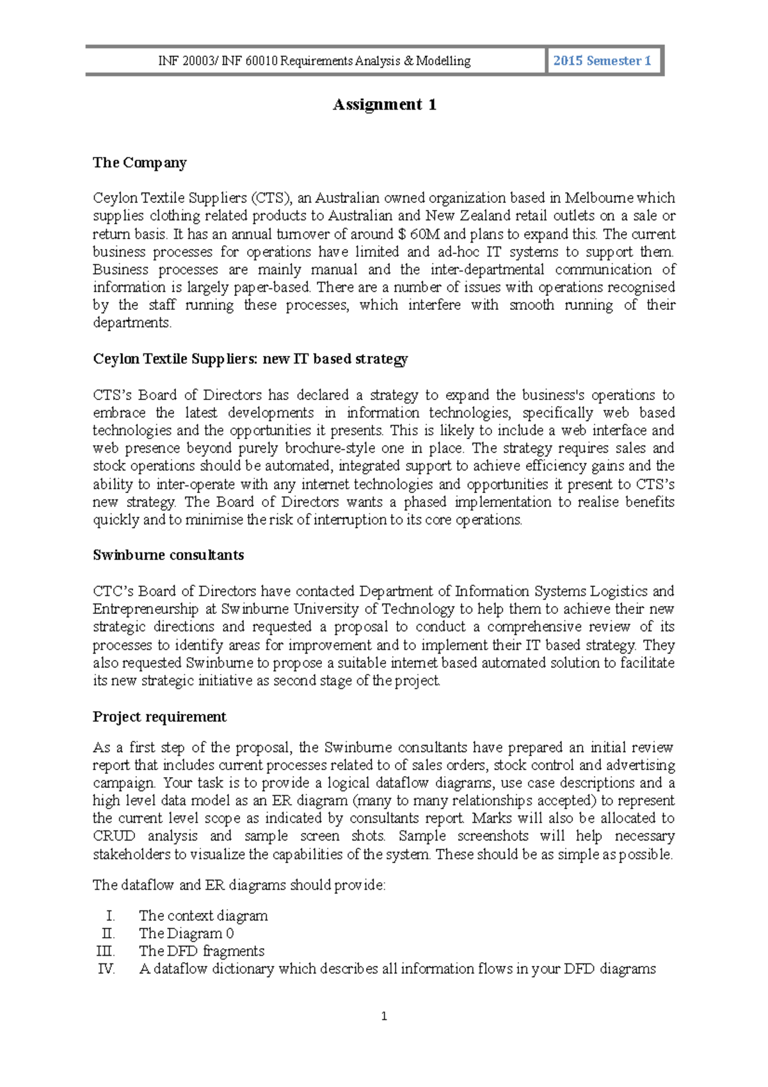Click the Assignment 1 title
click(384, 105)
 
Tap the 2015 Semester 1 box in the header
click(602, 61)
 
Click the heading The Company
click(140, 163)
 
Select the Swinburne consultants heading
click(168, 555)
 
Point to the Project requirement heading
click(159, 717)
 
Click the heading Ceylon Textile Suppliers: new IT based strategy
click(250, 359)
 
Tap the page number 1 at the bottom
click(384, 1016)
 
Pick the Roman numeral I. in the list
click(110, 916)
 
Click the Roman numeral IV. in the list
click(106, 969)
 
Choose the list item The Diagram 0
click(186, 934)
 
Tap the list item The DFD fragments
click(202, 951)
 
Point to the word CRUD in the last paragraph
click(114, 836)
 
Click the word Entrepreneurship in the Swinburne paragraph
click(146, 609)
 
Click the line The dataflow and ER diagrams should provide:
click(239, 885)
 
